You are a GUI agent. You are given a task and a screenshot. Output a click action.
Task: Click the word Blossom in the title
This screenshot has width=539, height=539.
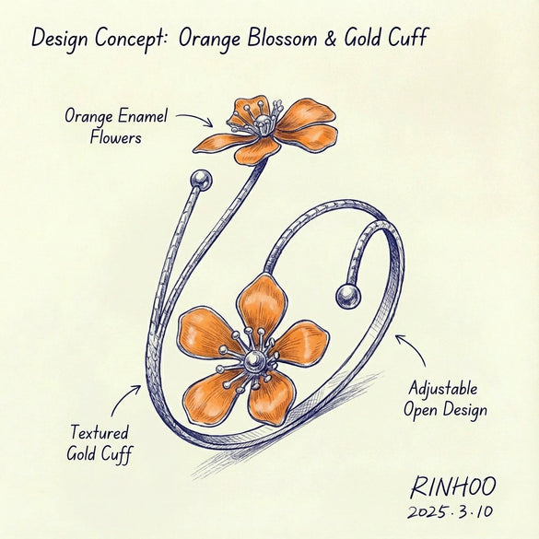282,37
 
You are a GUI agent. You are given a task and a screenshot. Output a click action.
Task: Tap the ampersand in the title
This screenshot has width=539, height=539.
330,38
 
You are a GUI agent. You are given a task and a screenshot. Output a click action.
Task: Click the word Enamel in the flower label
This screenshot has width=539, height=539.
143,115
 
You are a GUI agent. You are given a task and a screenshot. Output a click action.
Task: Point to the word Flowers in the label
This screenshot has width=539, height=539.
115,137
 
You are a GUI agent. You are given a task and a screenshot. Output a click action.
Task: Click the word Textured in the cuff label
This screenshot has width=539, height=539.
100,432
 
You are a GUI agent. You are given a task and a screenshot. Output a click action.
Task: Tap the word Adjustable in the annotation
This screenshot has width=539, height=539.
443,390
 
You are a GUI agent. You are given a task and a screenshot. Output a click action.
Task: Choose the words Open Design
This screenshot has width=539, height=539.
445,410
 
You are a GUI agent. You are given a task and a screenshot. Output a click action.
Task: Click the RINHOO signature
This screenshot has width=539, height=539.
453,486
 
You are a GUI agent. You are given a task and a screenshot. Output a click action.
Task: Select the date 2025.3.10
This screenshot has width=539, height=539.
451,511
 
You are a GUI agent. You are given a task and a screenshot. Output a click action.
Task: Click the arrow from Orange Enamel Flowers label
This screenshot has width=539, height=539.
194,119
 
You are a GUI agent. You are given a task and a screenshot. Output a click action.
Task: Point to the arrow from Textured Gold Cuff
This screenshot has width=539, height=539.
124,400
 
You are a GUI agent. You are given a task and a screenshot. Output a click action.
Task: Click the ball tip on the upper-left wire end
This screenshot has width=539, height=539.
201,180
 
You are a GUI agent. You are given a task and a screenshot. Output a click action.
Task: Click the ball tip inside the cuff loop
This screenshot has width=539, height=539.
348,297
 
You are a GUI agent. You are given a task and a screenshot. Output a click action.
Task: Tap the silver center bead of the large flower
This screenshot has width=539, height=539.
254,361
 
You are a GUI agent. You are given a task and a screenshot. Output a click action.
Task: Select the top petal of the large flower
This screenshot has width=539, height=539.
263,305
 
